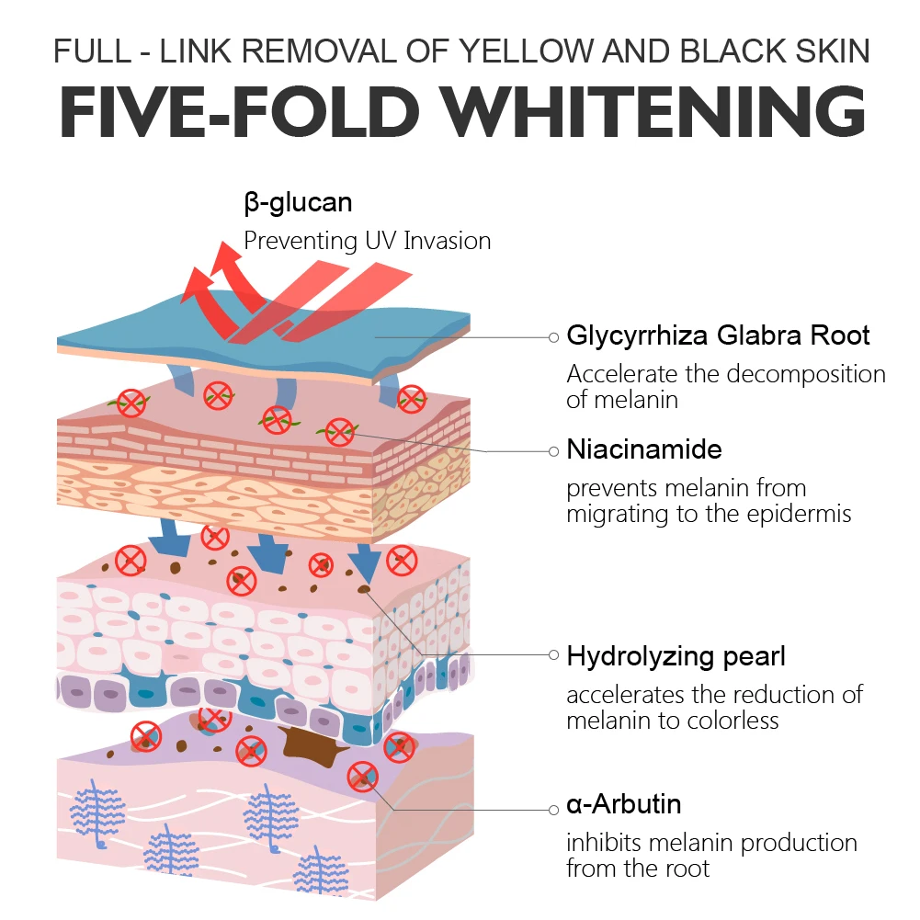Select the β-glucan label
tap(298, 201)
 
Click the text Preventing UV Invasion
tap(367, 241)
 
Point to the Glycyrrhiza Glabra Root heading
tap(718, 335)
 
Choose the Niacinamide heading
tap(644, 449)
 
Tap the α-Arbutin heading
tap(624, 804)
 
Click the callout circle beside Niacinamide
tap(553, 451)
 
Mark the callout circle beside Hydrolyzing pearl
tap(553, 655)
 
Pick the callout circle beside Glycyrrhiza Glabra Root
tap(553, 337)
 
